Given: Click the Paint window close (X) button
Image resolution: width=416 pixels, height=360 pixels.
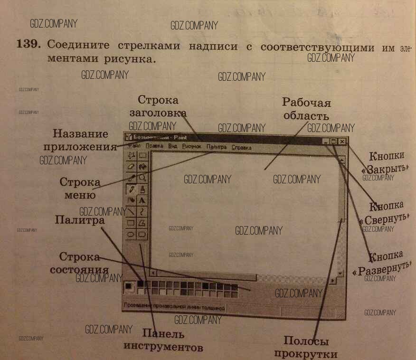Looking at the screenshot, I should point(342,142).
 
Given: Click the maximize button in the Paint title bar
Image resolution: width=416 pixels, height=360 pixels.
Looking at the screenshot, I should point(333,142).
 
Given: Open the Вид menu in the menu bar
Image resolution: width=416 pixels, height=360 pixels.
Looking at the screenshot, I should point(173,147).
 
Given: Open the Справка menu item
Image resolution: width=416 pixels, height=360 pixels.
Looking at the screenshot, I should point(242,148).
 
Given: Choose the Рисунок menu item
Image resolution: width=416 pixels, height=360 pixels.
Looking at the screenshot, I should point(192,147).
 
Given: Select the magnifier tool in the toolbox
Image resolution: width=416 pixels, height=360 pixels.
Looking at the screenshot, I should point(142,178).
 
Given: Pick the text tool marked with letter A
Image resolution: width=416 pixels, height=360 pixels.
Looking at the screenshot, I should point(142,200).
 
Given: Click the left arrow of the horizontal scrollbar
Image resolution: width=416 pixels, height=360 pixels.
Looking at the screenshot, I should point(153,273).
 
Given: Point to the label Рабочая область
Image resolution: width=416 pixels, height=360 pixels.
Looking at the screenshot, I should point(306,109).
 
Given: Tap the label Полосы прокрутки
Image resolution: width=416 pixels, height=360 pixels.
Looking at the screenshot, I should point(306,347).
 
